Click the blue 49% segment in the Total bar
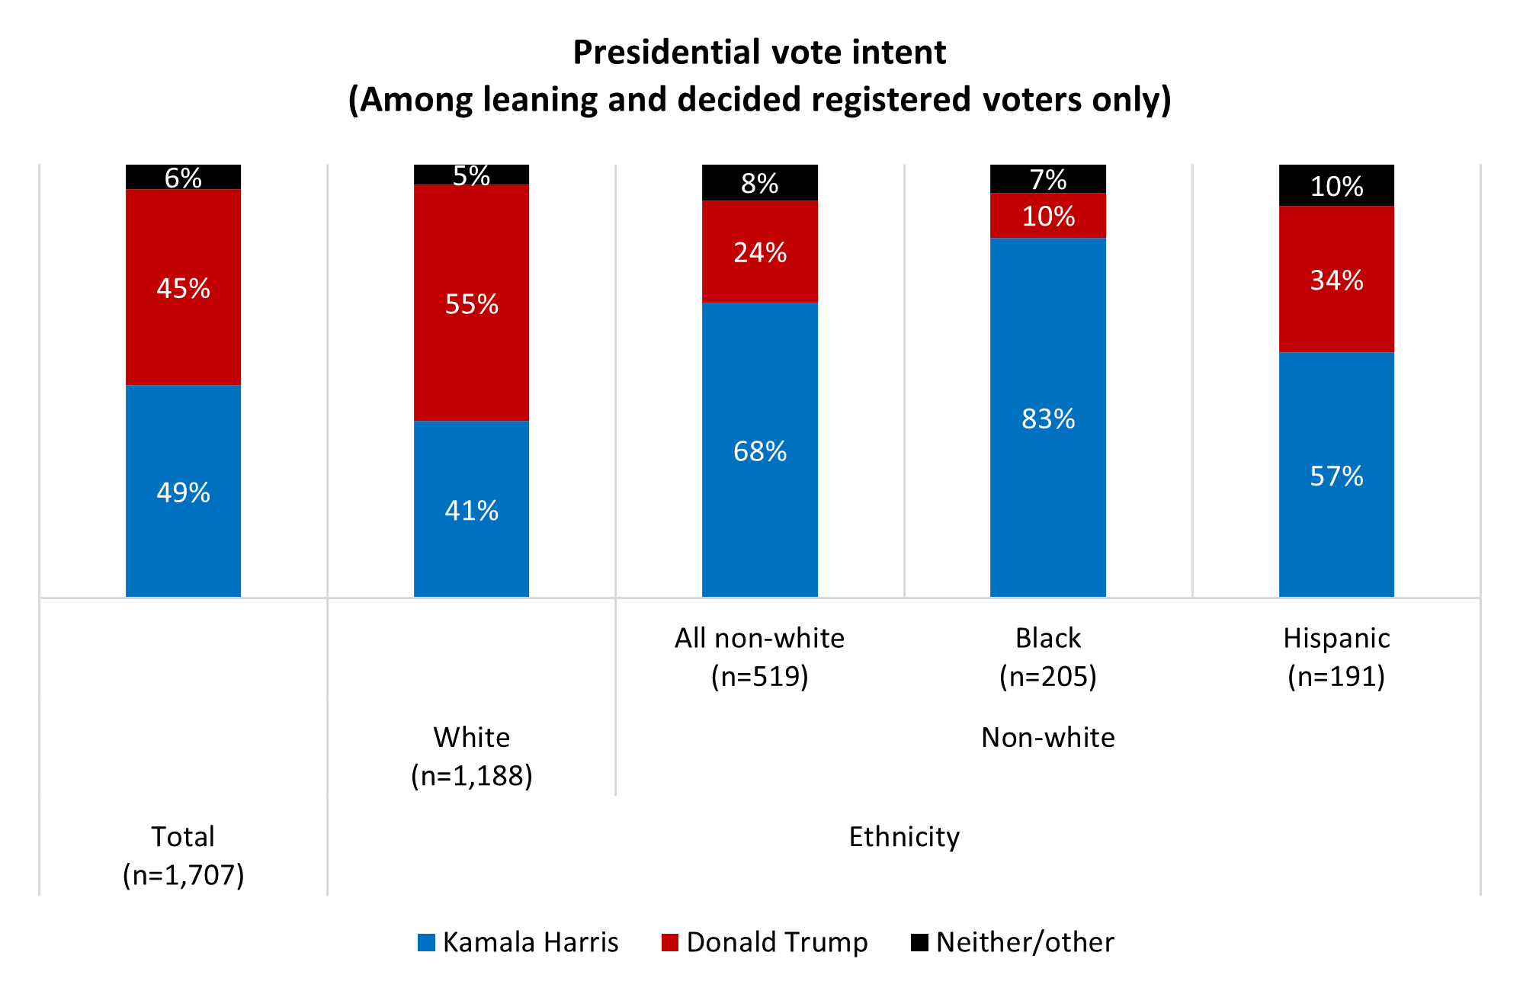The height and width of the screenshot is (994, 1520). coord(183,491)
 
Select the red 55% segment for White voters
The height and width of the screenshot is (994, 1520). coord(471,303)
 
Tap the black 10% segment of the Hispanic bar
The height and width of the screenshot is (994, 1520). coord(1336,185)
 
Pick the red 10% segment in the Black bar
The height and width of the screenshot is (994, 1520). coord(1047,216)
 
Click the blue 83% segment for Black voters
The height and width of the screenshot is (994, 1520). coord(1047,418)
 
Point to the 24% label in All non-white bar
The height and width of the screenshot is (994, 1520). coord(759,252)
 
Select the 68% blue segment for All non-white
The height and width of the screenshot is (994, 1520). coord(759,450)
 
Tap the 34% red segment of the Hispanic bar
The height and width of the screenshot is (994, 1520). coord(1336,279)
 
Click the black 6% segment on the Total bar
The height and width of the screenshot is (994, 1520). coord(183,177)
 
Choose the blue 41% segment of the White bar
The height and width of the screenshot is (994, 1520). coord(471,509)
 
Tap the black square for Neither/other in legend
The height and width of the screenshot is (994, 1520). coord(919,943)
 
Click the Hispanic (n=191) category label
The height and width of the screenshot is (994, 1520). coord(1336,656)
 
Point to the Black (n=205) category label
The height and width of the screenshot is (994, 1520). coord(1047,656)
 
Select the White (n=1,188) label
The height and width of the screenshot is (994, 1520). coord(471,755)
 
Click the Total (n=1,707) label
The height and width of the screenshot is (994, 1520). coord(183,855)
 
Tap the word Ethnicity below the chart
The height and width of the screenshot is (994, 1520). coord(903,836)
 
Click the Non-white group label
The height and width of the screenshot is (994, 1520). coord(1047,737)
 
